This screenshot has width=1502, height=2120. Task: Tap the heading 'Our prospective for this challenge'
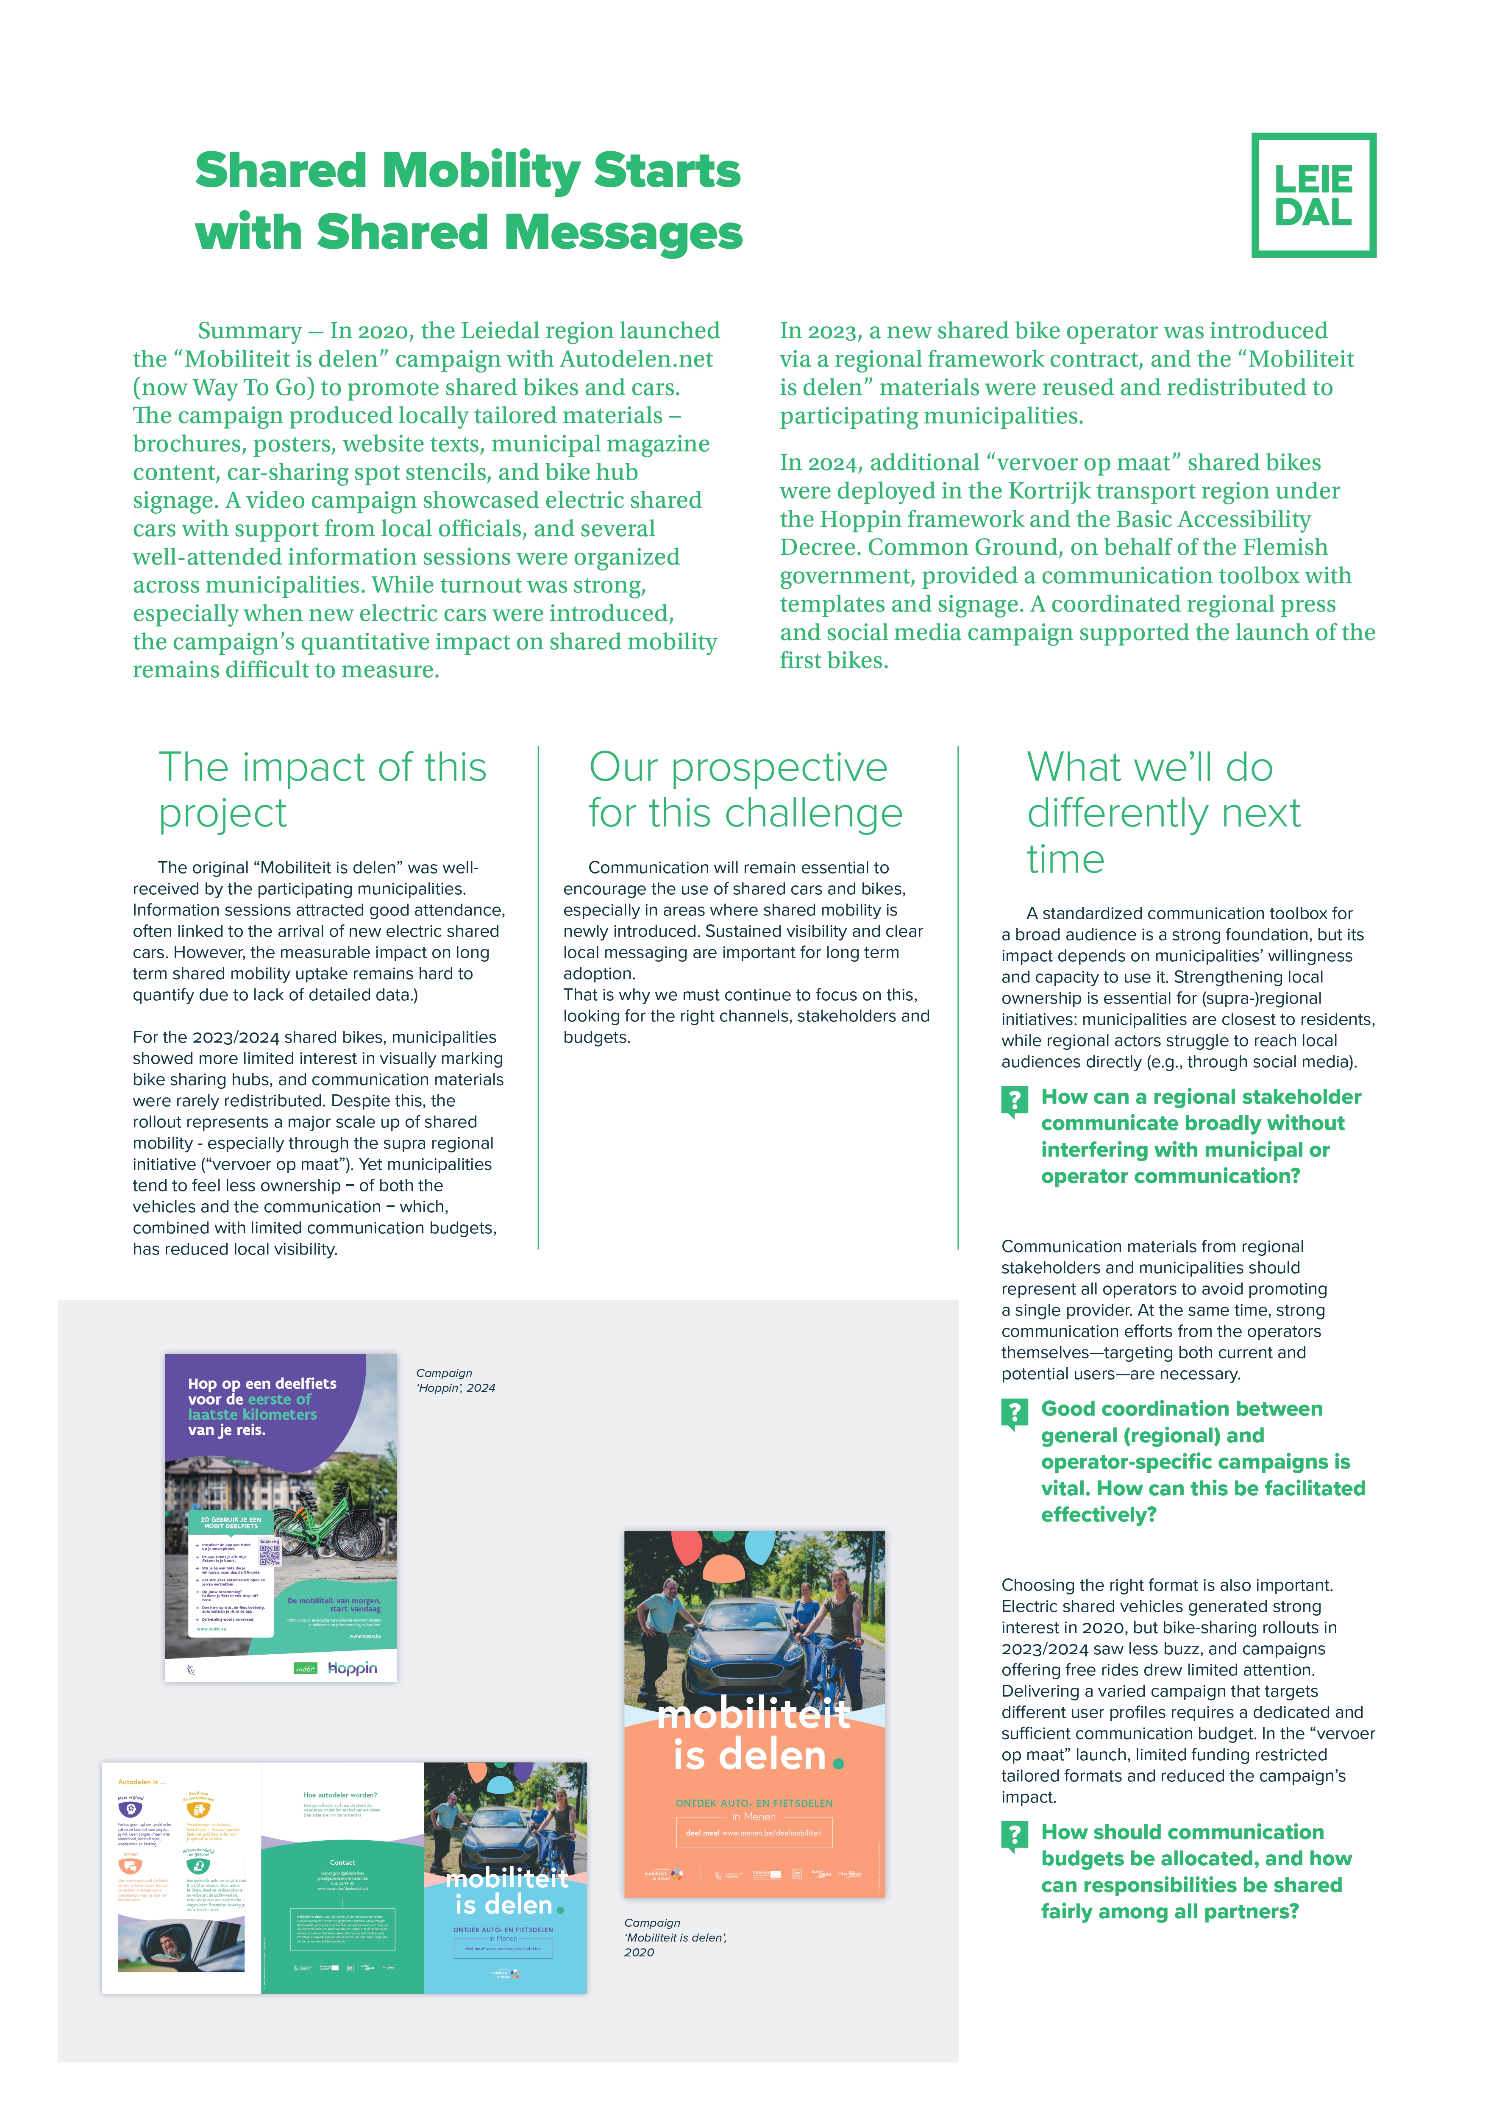click(745, 790)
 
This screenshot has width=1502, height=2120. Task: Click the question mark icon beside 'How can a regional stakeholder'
click(1015, 1101)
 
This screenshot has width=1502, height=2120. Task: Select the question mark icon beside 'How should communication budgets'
click(1015, 1836)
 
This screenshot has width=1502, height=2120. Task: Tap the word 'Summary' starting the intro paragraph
click(250, 331)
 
